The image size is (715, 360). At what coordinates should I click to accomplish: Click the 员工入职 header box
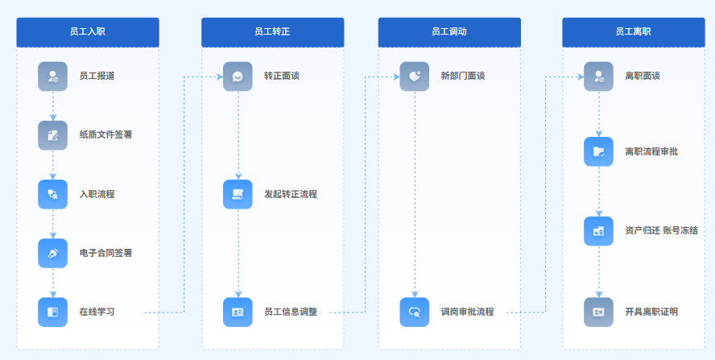click(88, 32)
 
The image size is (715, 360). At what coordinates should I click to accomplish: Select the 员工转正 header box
click(273, 32)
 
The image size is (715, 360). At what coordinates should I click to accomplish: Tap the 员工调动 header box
click(449, 32)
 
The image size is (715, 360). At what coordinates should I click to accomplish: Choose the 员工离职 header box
click(634, 32)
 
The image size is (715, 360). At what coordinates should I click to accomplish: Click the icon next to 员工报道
click(53, 77)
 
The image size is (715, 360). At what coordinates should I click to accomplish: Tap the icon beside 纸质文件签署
click(53, 135)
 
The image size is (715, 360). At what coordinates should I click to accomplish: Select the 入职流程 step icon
click(53, 194)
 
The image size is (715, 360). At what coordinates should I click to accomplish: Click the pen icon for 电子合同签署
click(53, 253)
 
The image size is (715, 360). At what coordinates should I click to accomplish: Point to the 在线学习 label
click(97, 312)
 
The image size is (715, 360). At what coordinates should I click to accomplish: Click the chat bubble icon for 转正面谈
click(238, 77)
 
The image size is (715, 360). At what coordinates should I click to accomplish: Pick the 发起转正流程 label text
click(291, 194)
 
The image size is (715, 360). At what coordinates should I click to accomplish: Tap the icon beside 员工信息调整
click(238, 312)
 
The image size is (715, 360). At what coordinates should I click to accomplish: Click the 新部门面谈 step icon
click(415, 77)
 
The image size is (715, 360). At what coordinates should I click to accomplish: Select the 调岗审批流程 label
click(467, 312)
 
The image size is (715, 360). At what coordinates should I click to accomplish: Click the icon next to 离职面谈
click(599, 77)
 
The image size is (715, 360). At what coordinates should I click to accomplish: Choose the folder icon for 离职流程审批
click(599, 151)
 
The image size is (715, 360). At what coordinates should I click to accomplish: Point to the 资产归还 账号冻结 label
click(661, 230)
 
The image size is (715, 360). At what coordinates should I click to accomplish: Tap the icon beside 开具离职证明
click(599, 312)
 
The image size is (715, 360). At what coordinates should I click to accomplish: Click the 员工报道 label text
click(97, 77)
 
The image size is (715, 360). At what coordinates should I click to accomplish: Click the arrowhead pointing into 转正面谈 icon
click(220, 77)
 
